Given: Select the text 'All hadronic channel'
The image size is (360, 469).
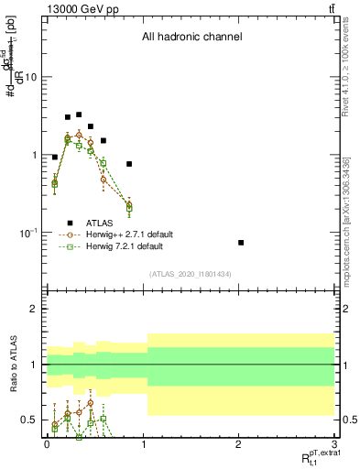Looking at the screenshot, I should [x=191, y=38].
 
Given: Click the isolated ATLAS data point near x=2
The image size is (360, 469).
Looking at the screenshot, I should [x=241, y=243].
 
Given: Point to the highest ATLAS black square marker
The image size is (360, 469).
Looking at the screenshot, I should [x=79, y=115].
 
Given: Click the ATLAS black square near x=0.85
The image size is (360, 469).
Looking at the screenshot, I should [x=129, y=164].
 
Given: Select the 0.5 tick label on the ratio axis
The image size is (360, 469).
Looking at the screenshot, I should [x=28, y=420].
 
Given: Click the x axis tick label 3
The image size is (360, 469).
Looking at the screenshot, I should [x=335, y=442].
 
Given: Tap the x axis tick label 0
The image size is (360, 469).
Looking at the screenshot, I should [x=46, y=442].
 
